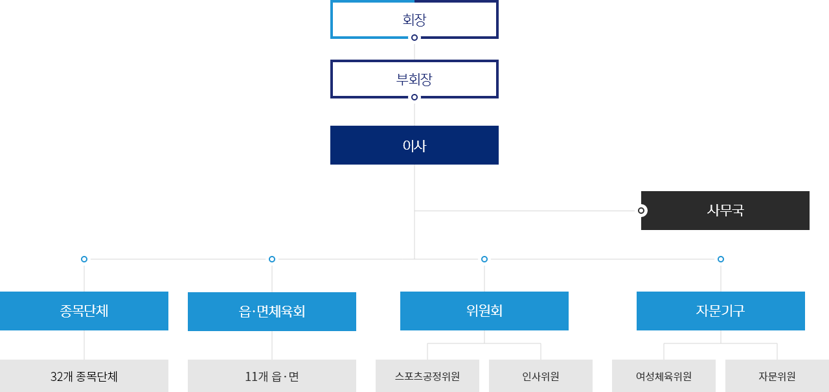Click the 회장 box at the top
click(414, 19)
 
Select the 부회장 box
click(414, 79)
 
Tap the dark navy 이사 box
click(414, 145)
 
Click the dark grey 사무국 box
click(725, 211)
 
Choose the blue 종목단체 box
click(84, 311)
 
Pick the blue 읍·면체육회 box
click(272, 312)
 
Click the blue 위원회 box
click(484, 311)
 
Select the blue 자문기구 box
click(721, 311)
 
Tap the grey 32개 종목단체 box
click(84, 376)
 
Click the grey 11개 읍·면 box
click(272, 376)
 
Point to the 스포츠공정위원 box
click(427, 376)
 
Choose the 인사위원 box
click(541, 376)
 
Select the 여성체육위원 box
click(664, 376)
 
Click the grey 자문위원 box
click(777, 376)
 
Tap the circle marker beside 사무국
click(641, 211)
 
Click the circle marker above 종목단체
click(84, 259)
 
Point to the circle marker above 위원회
click(484, 259)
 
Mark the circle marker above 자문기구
click(721, 259)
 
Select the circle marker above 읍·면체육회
click(272, 259)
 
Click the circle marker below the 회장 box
click(414, 38)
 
